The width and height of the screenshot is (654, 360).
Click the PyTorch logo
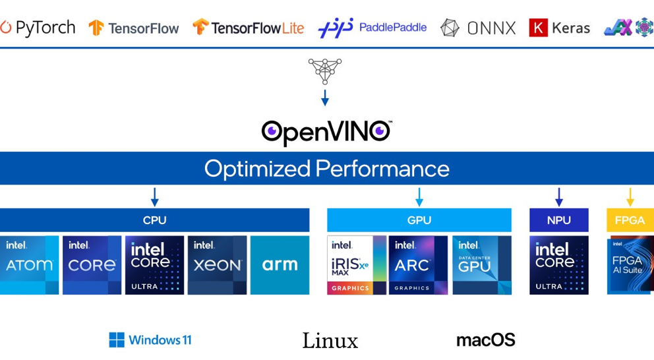(38, 28)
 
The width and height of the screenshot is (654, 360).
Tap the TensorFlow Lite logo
(248, 28)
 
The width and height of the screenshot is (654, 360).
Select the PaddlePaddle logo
(372, 28)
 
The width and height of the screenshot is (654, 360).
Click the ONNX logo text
(490, 28)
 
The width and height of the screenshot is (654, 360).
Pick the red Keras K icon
(538, 28)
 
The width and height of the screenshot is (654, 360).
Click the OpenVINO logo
(326, 132)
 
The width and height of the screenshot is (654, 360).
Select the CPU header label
(154, 220)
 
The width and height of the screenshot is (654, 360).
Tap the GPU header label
(419, 220)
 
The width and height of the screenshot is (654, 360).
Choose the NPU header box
(558, 220)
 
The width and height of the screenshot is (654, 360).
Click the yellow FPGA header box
(630, 220)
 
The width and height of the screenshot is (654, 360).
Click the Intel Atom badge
(29, 265)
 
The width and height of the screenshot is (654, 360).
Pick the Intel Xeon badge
(217, 265)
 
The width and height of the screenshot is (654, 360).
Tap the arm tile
(280, 265)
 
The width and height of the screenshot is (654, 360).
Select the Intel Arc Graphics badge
(418, 265)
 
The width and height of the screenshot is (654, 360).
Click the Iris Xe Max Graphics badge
(357, 265)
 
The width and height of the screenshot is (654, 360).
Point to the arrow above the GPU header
(419, 196)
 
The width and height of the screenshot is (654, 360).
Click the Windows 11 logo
(150, 340)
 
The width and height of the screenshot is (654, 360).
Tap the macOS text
(485, 340)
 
